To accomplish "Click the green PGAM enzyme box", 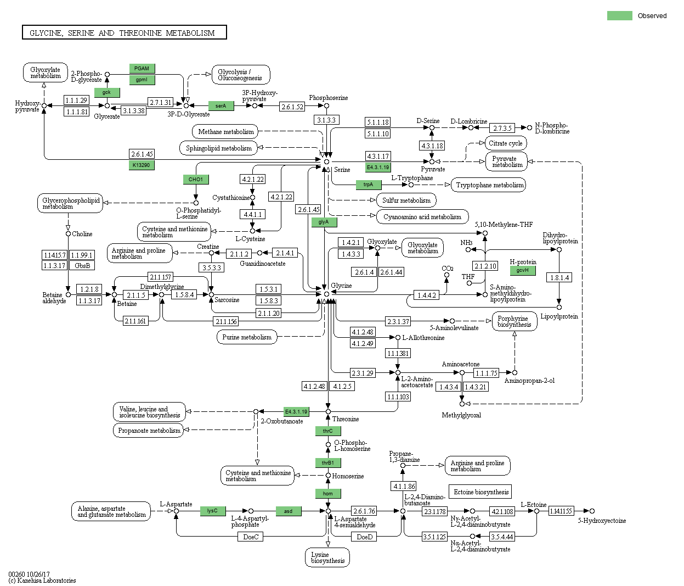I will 142,69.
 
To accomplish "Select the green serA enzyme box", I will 221,106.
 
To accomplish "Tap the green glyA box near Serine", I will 324,222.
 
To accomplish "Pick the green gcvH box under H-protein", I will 522,270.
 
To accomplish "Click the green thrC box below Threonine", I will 327,431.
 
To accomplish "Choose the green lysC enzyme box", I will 212,511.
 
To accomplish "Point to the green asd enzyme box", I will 288,511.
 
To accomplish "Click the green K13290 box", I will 141,165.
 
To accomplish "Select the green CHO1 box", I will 196,180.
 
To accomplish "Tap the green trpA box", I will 368,185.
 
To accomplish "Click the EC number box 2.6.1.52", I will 292,107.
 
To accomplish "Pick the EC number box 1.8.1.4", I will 559,278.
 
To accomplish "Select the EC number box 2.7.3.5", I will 502,128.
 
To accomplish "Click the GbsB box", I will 82,265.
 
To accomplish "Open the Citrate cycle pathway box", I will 505,143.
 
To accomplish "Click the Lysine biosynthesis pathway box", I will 327,557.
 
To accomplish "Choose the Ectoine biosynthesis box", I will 481,492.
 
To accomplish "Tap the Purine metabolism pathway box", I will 247,337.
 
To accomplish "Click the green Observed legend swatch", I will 619,16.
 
